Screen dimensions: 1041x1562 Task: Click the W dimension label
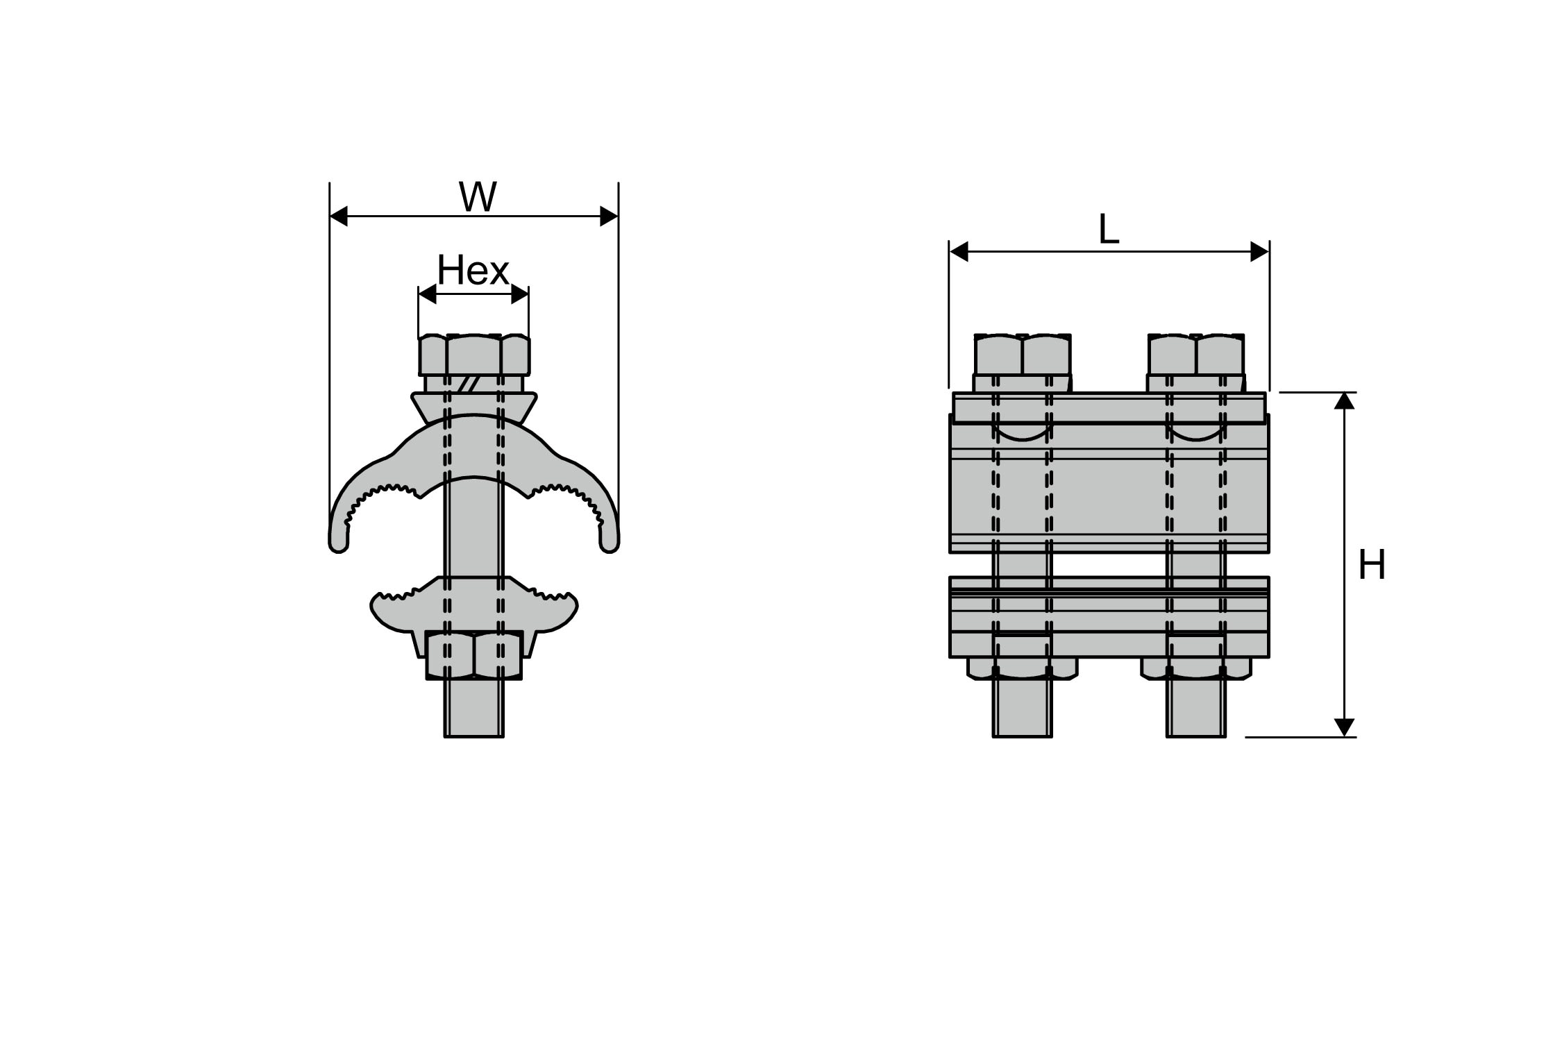(478, 197)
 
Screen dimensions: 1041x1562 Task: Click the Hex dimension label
(473, 271)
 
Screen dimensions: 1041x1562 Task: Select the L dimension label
(1109, 230)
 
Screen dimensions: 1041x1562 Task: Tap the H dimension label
(1372, 565)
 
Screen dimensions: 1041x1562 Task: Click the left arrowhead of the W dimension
(339, 217)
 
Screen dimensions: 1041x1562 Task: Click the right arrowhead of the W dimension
(609, 217)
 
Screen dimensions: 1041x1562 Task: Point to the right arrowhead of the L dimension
(1259, 252)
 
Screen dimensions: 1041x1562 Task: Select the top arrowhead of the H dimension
(1345, 401)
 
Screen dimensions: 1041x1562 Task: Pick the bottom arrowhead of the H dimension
(1345, 727)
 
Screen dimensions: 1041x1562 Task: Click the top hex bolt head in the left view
(474, 355)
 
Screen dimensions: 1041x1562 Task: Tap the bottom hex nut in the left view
(474, 655)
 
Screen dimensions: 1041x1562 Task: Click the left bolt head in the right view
(1022, 355)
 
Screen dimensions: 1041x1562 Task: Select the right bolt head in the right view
(1195, 355)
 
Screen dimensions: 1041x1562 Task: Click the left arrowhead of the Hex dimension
(427, 294)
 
